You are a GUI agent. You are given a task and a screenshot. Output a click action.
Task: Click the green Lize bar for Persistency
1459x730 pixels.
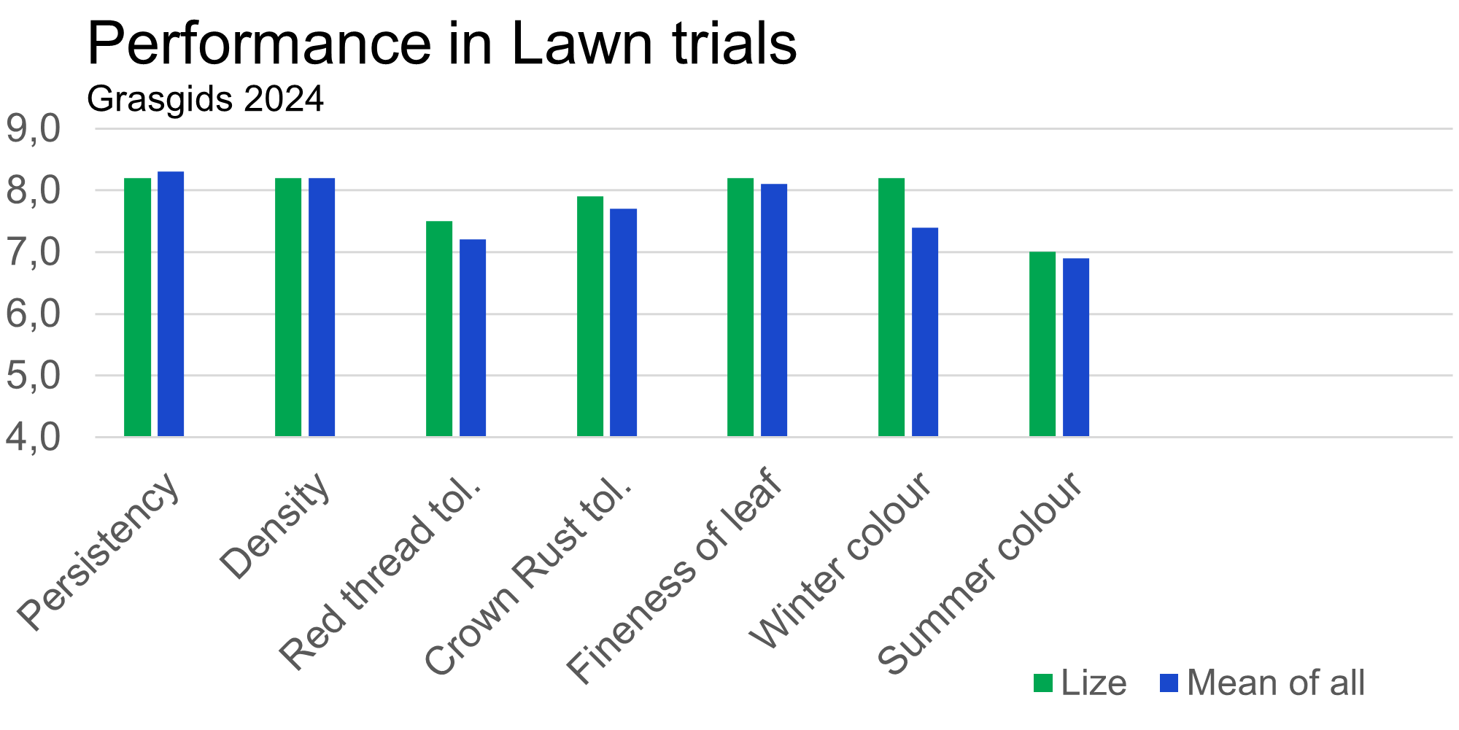tap(138, 307)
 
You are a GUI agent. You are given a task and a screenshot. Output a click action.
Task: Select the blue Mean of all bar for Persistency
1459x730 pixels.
tap(171, 304)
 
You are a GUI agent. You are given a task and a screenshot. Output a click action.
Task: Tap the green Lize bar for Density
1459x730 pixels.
tap(288, 307)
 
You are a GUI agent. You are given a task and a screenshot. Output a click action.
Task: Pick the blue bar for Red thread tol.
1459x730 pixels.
tap(473, 338)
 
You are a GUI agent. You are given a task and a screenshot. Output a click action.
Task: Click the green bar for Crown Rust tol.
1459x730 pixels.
tap(590, 317)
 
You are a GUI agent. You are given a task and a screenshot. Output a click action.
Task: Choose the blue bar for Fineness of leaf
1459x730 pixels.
tap(774, 310)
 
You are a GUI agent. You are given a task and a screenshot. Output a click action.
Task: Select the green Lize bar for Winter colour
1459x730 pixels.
tap(891, 307)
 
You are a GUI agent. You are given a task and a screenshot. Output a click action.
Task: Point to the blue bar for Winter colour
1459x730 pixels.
tap(925, 332)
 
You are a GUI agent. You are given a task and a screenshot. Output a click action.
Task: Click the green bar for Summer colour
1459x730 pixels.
tap(1042, 344)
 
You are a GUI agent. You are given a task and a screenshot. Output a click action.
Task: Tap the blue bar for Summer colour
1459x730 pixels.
tap(1076, 347)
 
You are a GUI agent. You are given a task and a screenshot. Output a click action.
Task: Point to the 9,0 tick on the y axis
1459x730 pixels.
tap(34, 129)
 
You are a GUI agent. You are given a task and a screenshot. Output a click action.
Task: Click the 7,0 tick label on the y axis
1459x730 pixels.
tap(34, 253)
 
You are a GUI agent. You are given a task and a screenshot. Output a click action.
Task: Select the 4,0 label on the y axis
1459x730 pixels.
tap(34, 438)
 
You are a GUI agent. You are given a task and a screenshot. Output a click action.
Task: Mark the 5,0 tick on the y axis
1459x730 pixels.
tap(34, 376)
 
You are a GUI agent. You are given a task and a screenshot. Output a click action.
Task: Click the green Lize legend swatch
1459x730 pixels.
tap(1043, 683)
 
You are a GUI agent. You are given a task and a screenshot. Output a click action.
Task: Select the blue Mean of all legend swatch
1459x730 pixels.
tap(1169, 683)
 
